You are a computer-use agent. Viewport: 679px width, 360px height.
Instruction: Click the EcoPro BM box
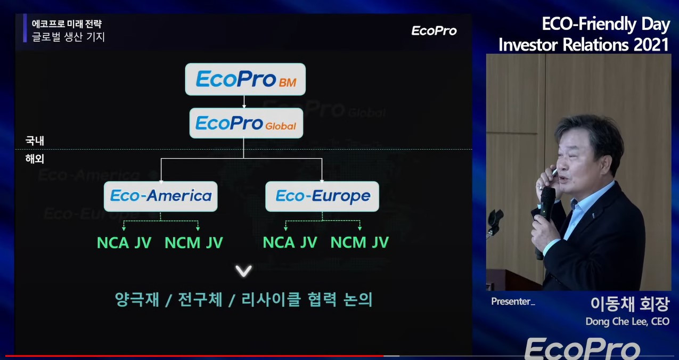[x=245, y=79]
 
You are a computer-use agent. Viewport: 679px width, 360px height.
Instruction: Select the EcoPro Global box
[x=246, y=123]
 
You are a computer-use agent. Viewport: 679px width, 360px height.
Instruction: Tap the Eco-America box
[x=161, y=196]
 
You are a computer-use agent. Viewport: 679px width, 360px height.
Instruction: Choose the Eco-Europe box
[x=322, y=196]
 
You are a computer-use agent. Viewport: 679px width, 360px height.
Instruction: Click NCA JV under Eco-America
[x=124, y=243]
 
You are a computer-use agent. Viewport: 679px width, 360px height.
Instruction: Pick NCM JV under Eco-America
[x=194, y=243]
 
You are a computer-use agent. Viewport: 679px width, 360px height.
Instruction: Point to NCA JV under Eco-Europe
[x=290, y=242]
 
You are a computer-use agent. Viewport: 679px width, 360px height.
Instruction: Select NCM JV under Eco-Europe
[x=359, y=242]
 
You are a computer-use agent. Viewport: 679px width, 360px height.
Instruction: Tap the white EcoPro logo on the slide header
[x=434, y=30]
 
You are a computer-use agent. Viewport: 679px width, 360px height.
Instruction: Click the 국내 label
[x=35, y=141]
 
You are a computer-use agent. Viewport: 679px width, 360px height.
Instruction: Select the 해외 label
[x=35, y=159]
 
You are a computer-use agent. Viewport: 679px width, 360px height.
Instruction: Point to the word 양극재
[x=137, y=299]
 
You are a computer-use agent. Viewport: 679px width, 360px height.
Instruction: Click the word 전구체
[x=200, y=299]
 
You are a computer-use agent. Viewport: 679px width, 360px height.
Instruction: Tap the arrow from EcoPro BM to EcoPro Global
[x=244, y=102]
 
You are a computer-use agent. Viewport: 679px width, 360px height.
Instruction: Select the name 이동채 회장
[x=630, y=304]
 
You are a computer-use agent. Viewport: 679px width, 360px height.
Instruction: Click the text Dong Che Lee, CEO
[x=627, y=321]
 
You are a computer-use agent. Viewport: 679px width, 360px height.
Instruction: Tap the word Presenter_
[x=513, y=301]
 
